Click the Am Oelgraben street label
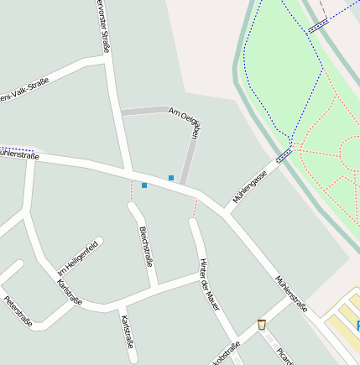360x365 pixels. (x=185, y=122)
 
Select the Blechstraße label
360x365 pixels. (x=146, y=246)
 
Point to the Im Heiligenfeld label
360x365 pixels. (x=78, y=258)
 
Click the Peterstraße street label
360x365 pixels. (x=17, y=311)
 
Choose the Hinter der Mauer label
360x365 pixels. (x=209, y=284)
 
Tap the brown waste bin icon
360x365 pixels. (x=262, y=324)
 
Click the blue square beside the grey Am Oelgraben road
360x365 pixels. (x=171, y=178)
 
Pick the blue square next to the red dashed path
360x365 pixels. (x=144, y=185)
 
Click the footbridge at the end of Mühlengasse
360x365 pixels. (x=284, y=154)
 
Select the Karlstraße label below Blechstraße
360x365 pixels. (x=127, y=331)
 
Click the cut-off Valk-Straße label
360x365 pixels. (x=24, y=91)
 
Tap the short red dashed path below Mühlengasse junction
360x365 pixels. (x=196, y=208)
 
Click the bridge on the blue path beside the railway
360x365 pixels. (x=317, y=26)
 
